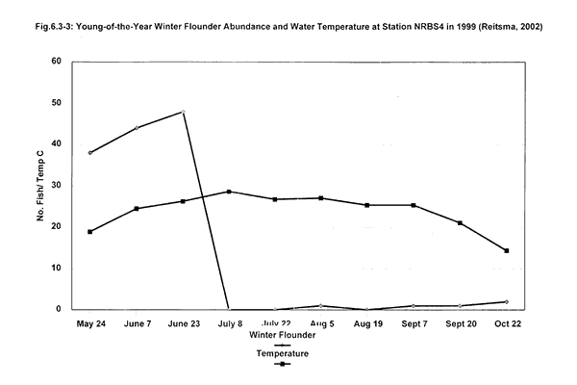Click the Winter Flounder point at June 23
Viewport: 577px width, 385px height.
(183, 112)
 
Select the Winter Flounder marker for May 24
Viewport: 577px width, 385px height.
(90, 153)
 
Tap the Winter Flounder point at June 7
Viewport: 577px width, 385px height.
(137, 128)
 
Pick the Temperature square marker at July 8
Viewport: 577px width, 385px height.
(229, 192)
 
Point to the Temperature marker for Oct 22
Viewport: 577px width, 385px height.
(506, 251)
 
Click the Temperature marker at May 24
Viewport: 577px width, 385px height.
(90, 232)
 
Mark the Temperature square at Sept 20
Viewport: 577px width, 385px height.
(460, 223)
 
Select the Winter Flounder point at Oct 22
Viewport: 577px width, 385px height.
(506, 302)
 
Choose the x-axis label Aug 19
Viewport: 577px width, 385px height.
(367, 324)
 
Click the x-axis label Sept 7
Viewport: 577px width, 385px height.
(414, 324)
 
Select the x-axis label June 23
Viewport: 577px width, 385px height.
(183, 324)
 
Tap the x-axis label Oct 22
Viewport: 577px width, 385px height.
(506, 324)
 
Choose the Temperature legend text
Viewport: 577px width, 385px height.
(283, 353)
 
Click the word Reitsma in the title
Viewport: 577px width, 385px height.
(489, 25)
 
